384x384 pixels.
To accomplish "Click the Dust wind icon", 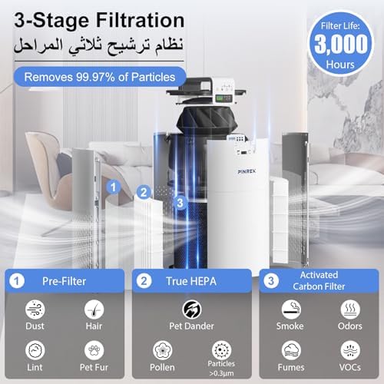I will pos(34,307).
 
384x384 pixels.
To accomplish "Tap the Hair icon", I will pos(94,307).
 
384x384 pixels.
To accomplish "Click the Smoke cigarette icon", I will pos(290,307).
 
